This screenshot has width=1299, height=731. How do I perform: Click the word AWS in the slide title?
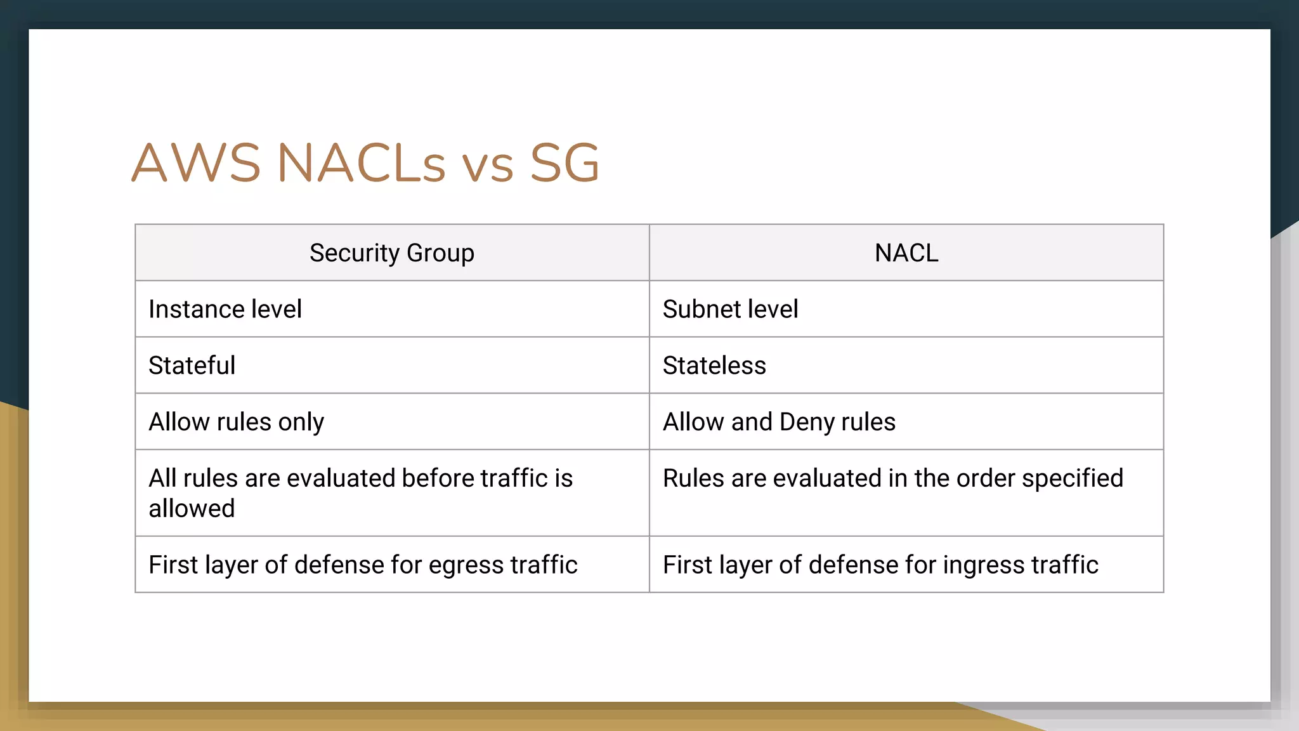pos(196,163)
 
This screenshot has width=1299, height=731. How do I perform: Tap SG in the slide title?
pos(564,163)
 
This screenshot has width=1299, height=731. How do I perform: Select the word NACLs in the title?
pos(362,163)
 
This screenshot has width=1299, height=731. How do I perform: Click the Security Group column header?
pos(391,253)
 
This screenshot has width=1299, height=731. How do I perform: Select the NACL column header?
pos(906,253)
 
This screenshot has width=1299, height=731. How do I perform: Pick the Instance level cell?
pos(225,310)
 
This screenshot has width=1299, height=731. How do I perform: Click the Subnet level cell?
pos(730,310)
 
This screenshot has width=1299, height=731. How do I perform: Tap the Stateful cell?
pos(192,365)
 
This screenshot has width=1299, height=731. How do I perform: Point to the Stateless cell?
pos(714,365)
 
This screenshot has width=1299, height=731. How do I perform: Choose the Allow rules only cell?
pos(236,422)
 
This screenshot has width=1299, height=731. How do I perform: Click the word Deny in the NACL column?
pos(807,422)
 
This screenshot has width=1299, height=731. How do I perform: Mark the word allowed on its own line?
pos(192,508)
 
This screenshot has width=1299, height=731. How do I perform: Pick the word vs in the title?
pos(487,166)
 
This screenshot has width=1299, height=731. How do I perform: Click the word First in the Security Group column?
pos(173,565)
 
